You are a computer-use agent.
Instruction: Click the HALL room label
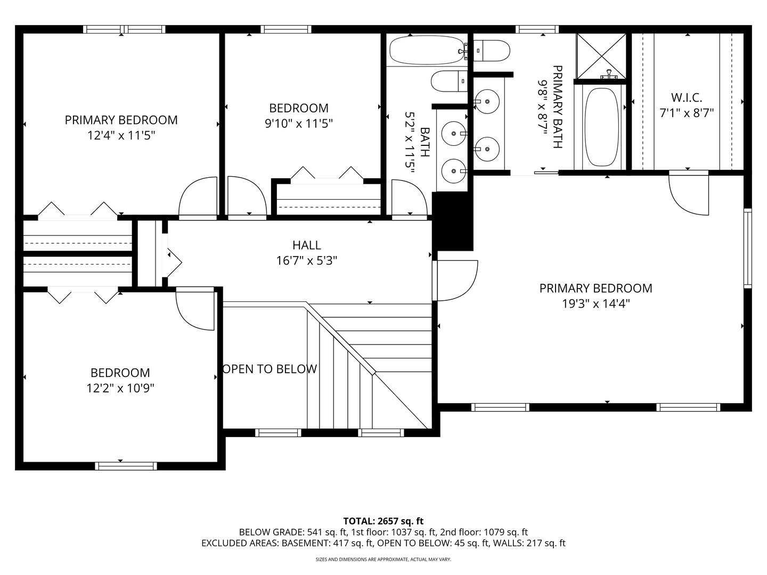coord(306,245)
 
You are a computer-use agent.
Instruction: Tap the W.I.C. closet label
coord(686,97)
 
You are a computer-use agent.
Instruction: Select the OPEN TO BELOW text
coord(270,369)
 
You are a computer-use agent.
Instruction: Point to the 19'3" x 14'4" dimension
coord(595,303)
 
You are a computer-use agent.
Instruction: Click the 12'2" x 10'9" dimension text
coord(120,388)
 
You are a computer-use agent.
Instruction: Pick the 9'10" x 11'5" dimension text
coord(298,124)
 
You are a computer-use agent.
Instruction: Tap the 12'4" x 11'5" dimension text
coord(121,135)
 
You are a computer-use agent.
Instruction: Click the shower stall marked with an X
coord(601,55)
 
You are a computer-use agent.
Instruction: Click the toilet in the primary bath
coord(492,51)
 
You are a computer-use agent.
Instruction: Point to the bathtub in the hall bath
coord(428,50)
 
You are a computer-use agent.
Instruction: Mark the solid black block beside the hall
coord(452,221)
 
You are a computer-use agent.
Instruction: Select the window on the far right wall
coord(747,249)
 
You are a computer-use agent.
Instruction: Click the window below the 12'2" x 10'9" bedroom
coord(126,466)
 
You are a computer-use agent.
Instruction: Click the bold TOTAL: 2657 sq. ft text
coord(383,521)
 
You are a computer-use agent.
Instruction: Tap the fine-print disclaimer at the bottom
coord(383,560)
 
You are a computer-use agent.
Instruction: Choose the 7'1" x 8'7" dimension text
coord(686,113)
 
